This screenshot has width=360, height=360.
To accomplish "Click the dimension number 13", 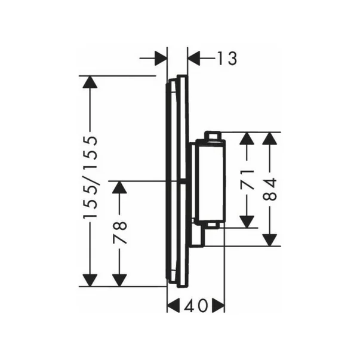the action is click(227, 59).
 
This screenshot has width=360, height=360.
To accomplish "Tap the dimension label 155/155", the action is click(91, 177).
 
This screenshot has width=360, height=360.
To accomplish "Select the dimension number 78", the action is click(119, 232).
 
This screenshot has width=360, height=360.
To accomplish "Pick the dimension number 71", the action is click(247, 180).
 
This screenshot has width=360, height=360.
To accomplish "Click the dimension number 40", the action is click(195, 306).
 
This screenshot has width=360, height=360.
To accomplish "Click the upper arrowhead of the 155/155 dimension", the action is click(90, 82).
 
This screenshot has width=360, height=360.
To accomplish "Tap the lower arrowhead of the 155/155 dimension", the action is click(90, 280).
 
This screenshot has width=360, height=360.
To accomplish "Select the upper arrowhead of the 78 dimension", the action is click(119, 187).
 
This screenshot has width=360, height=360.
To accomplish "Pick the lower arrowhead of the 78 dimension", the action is click(119, 280).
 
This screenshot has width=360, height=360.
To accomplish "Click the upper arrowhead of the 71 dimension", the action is click(247, 139).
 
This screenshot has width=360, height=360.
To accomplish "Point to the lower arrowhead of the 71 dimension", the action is click(247, 221).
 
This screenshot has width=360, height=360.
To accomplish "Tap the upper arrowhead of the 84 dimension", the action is click(269, 139).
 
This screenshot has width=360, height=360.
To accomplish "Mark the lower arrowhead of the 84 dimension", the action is click(269, 240).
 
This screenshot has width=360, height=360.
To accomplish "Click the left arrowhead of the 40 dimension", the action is click(173, 306).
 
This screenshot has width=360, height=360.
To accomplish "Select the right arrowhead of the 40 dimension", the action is click(218, 306).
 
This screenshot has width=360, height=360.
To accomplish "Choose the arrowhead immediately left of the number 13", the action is click(194, 59).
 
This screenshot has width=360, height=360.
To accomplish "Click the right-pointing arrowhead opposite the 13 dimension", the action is click(161, 59).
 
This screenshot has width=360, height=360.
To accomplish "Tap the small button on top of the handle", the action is click(213, 136).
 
